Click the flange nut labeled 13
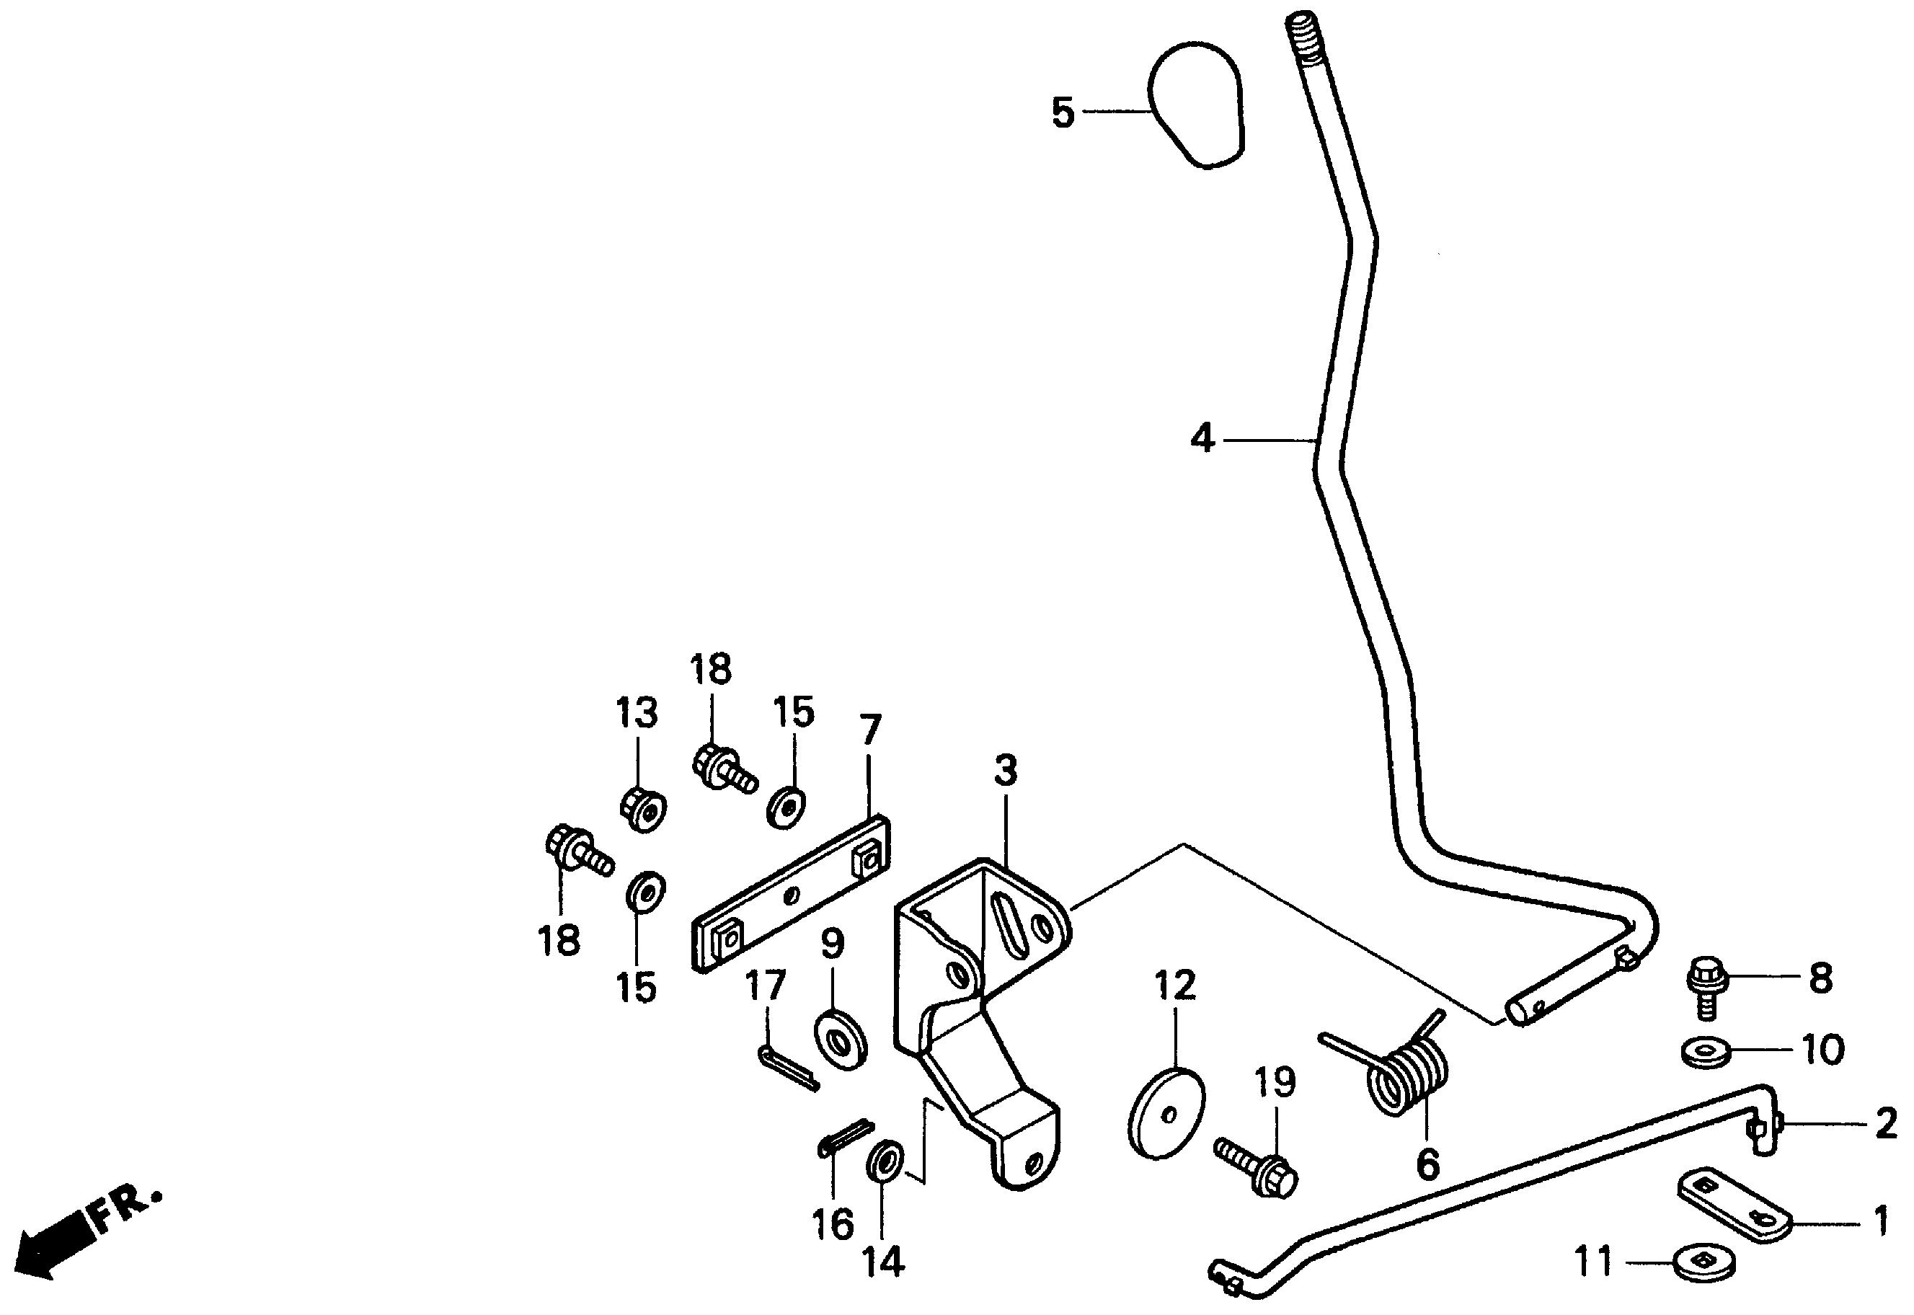[642, 810]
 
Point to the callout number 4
[1202, 438]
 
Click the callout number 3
[1005, 771]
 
